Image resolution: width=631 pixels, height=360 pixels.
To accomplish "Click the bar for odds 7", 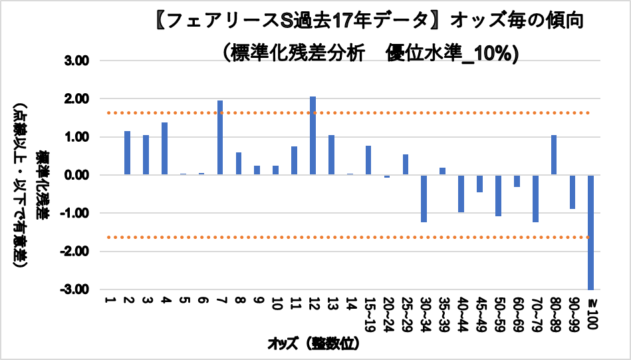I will click(220, 138).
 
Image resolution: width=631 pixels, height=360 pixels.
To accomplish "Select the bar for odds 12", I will click(313, 136).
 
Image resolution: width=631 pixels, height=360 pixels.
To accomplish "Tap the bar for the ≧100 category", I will click(590, 232).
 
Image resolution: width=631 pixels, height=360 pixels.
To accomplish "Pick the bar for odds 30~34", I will click(424, 198).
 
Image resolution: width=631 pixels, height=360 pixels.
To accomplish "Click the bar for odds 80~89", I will click(553, 155).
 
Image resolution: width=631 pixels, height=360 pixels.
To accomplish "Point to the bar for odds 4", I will click(164, 148).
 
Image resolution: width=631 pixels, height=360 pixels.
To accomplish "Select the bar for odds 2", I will click(127, 153).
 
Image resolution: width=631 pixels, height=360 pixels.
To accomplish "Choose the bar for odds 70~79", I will click(535, 198).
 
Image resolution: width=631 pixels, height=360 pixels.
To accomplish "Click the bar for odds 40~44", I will click(461, 194).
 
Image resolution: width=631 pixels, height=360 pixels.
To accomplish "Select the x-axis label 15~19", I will click(368, 313).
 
